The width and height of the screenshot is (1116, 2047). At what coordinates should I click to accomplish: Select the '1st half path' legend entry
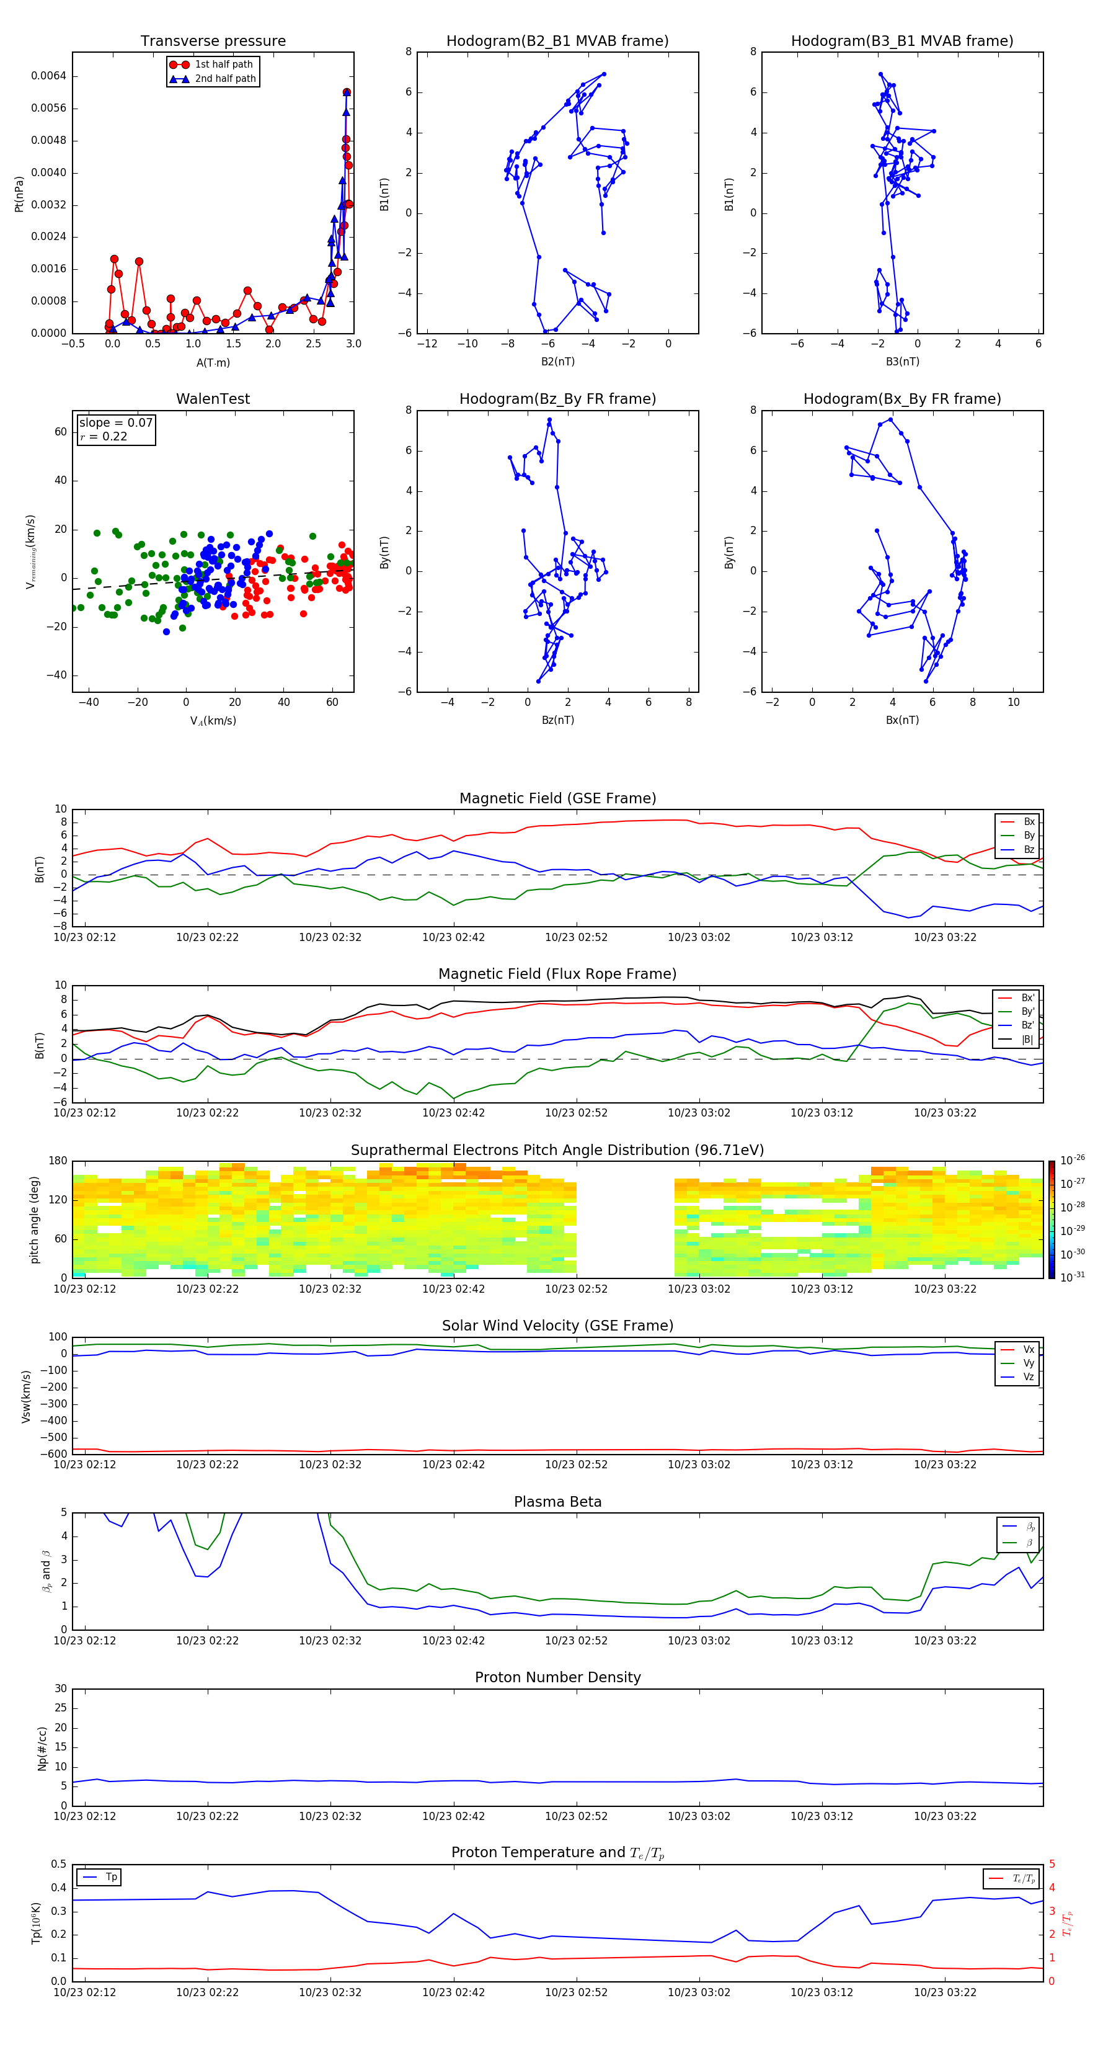click(x=223, y=65)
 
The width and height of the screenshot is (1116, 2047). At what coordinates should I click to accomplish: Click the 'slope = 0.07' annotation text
click(x=115, y=423)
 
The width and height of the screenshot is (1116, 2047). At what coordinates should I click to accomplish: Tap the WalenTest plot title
click(x=213, y=399)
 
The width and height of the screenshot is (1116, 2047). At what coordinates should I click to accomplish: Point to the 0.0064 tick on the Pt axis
click(x=48, y=76)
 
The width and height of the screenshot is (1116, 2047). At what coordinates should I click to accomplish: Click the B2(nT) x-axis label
click(x=557, y=362)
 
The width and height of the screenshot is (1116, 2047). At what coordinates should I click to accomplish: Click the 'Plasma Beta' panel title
click(x=557, y=1502)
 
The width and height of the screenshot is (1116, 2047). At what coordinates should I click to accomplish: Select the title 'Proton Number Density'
click(x=557, y=1677)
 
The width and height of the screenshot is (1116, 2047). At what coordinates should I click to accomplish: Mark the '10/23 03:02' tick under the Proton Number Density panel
click(x=698, y=1816)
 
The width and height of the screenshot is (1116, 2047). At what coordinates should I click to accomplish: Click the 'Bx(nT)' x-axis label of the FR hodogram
click(x=901, y=720)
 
